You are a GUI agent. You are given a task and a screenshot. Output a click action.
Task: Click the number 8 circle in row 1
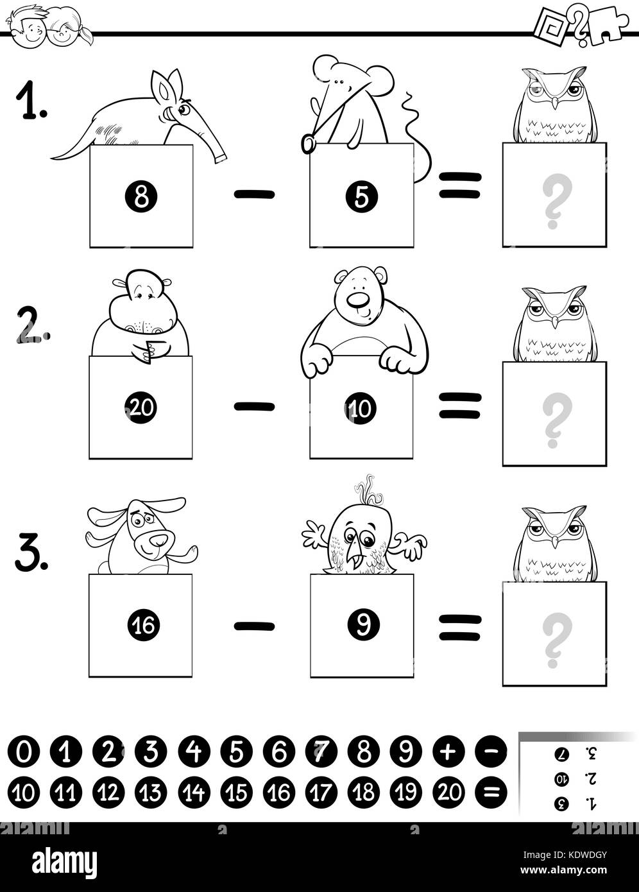141,196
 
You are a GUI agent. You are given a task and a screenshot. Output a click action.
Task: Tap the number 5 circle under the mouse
361,196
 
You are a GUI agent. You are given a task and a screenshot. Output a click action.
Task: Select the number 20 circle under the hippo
141,407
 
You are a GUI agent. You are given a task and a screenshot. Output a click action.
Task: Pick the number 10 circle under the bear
361,407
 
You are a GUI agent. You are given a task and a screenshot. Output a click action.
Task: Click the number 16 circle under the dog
144,625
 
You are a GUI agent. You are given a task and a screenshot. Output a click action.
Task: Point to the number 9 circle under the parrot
364,624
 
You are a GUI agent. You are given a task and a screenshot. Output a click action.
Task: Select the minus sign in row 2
255,406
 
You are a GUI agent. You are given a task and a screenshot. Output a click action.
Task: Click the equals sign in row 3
460,628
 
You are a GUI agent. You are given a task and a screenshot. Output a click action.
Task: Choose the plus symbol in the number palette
449,751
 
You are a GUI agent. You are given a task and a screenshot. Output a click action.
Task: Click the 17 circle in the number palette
321,792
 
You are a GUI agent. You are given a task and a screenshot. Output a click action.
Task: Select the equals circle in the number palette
491,792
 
